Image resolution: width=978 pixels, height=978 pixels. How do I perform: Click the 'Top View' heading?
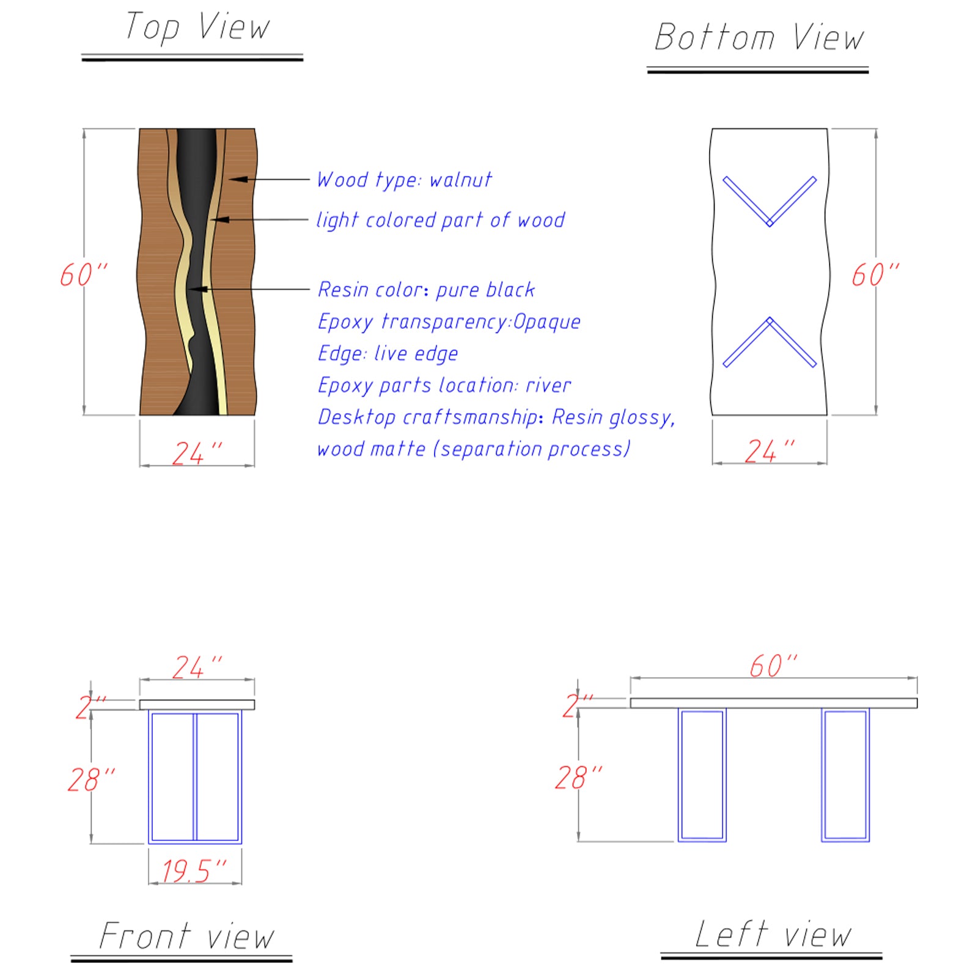coord(197,28)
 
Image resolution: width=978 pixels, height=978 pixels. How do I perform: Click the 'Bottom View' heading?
coord(759,38)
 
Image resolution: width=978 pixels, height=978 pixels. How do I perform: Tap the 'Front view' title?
coord(186,936)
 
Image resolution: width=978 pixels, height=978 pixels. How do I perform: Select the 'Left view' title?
coord(773,934)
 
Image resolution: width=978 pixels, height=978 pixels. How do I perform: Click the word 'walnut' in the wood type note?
coord(460,180)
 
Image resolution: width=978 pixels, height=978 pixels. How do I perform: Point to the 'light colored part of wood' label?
coord(440,220)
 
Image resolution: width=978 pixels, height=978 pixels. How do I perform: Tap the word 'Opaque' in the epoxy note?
coord(546,322)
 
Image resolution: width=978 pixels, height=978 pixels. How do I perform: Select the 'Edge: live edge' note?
coord(388,354)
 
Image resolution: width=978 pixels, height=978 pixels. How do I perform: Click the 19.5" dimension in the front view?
coord(194,870)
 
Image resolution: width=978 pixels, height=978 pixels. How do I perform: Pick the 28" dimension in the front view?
coord(90,779)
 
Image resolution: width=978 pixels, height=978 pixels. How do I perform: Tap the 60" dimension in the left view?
coord(773,666)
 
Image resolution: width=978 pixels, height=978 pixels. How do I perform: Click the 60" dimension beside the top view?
coord(83,274)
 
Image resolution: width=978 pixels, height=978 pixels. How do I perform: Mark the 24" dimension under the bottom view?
coord(769,452)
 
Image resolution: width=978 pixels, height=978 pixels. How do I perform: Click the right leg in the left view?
coord(845,775)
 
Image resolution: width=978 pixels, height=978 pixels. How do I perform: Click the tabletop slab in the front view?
coord(197,705)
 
